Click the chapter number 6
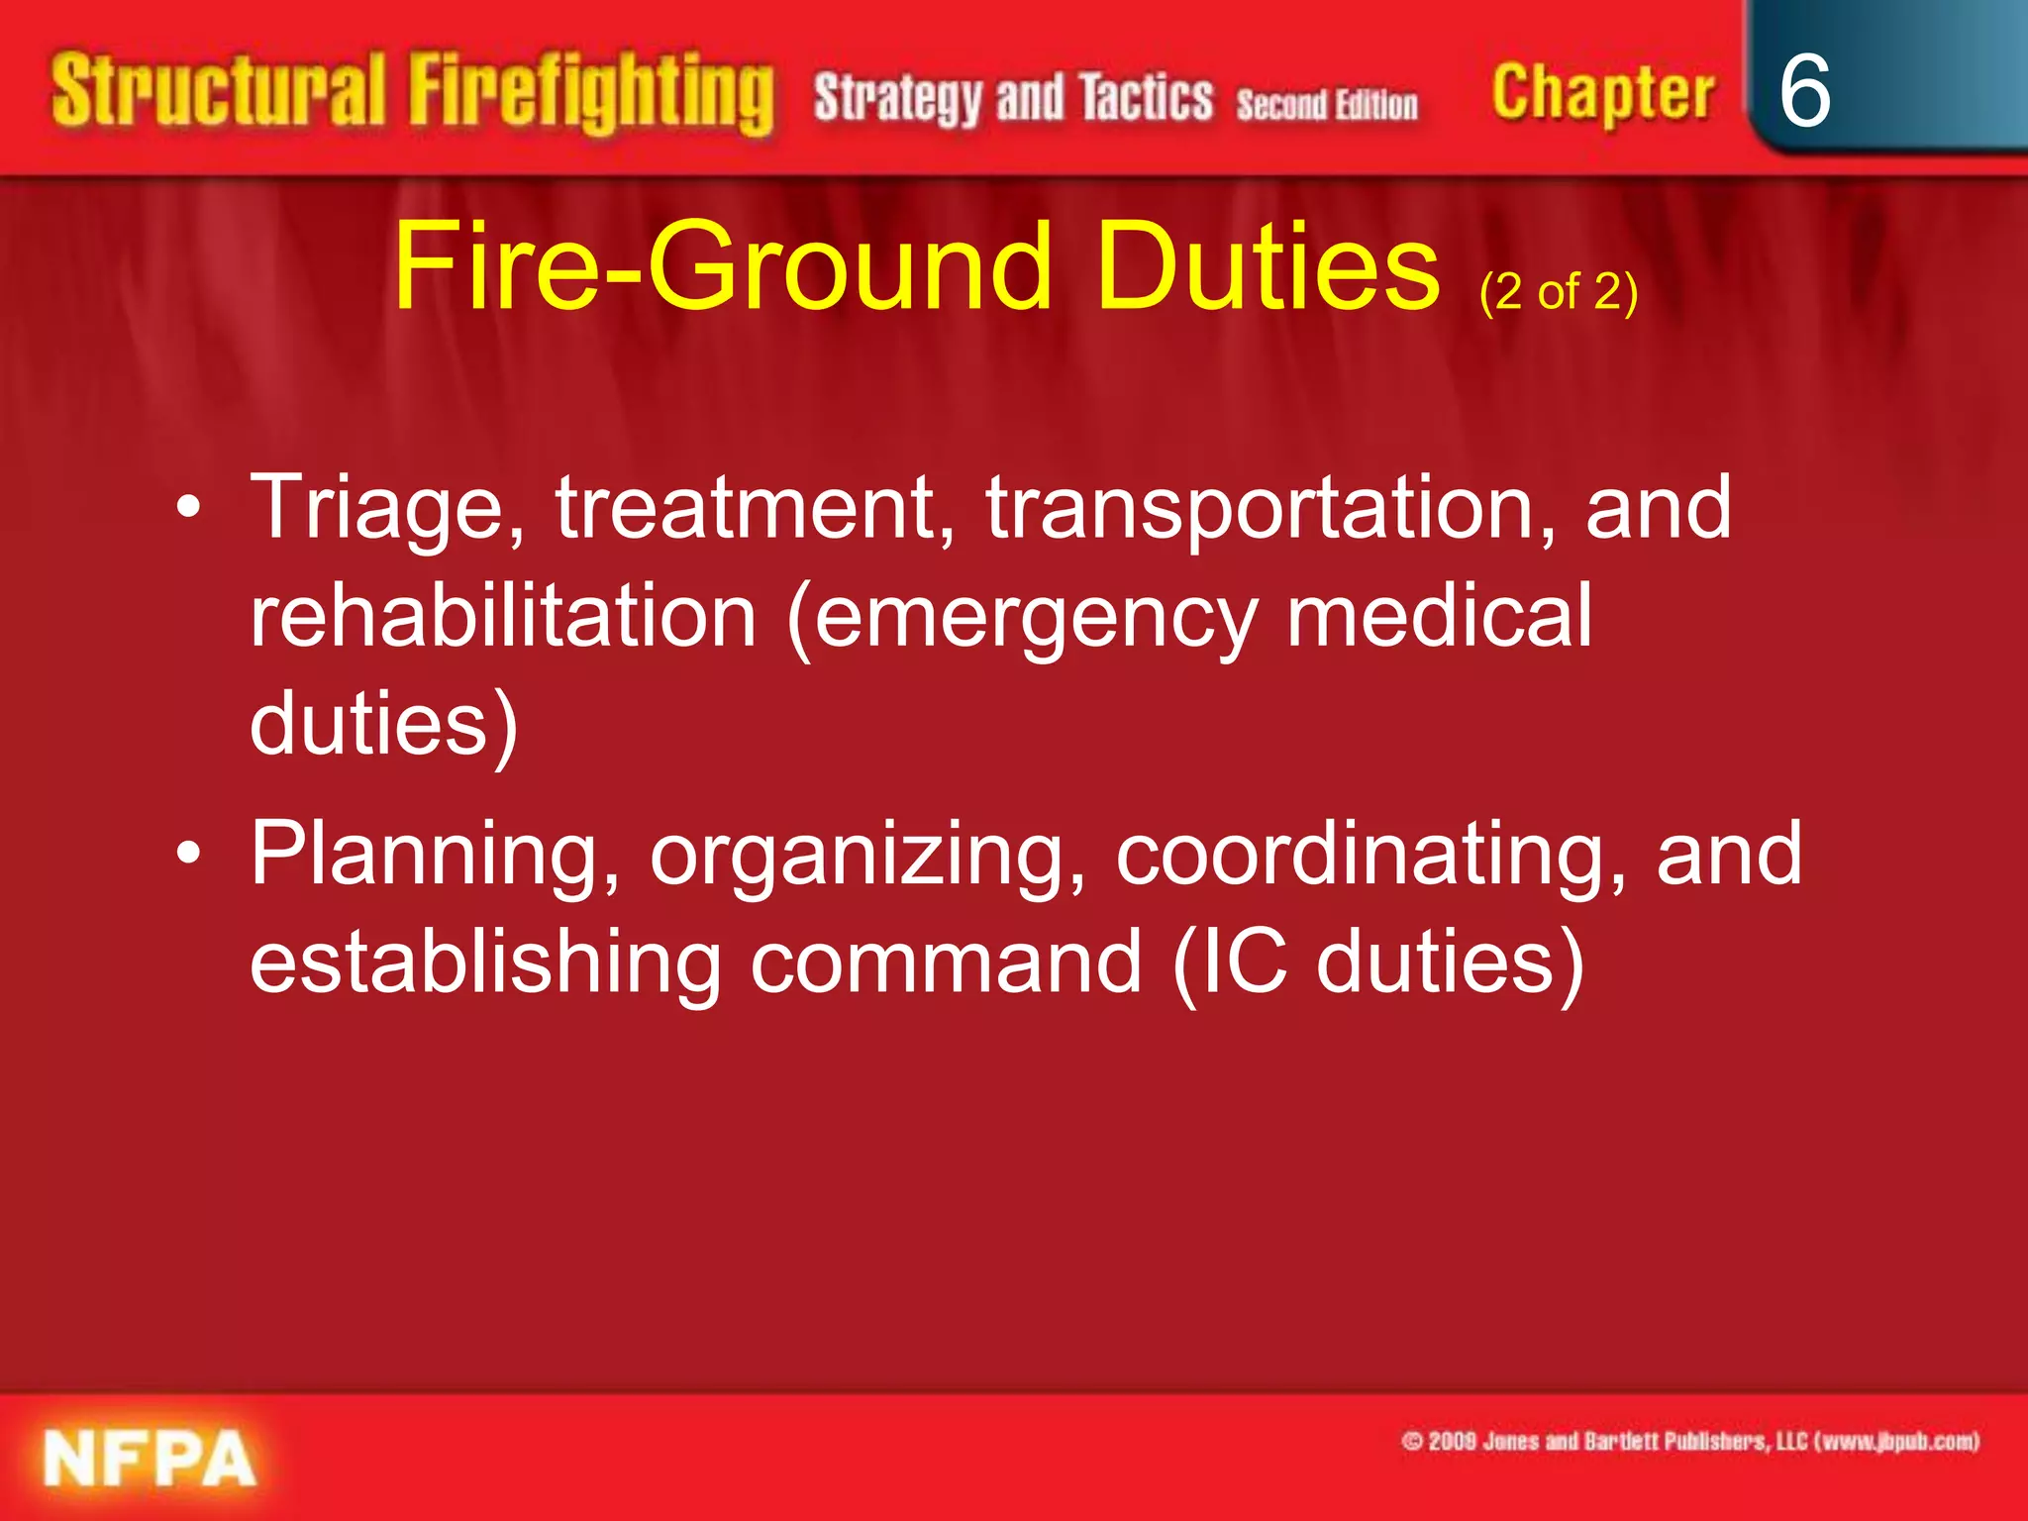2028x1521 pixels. [1804, 91]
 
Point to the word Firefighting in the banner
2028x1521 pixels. [591, 95]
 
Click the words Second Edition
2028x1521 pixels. [1326, 104]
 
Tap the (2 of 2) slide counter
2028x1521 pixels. [1559, 292]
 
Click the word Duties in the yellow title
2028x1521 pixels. [1268, 266]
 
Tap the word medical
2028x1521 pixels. [1439, 616]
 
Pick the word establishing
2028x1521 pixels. [485, 962]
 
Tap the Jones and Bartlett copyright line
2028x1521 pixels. [1690, 1441]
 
